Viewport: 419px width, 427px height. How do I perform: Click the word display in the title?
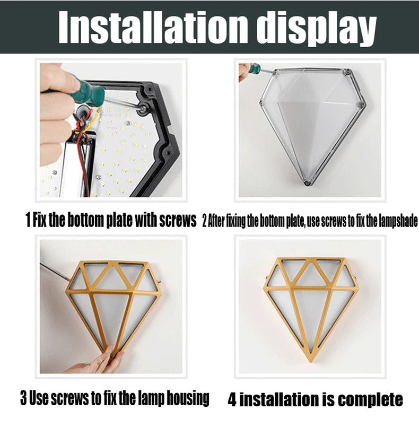(316, 28)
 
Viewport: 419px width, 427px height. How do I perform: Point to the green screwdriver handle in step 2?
(255, 68)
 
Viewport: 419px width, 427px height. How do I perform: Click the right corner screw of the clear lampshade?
(361, 104)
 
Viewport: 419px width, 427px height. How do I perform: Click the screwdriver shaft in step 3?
(55, 271)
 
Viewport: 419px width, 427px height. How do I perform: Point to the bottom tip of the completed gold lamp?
(310, 362)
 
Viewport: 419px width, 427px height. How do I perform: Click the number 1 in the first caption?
(28, 220)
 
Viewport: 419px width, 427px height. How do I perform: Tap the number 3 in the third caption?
(24, 398)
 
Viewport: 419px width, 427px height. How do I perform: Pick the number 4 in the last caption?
(232, 400)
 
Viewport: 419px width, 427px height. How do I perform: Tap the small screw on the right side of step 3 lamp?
(159, 282)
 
